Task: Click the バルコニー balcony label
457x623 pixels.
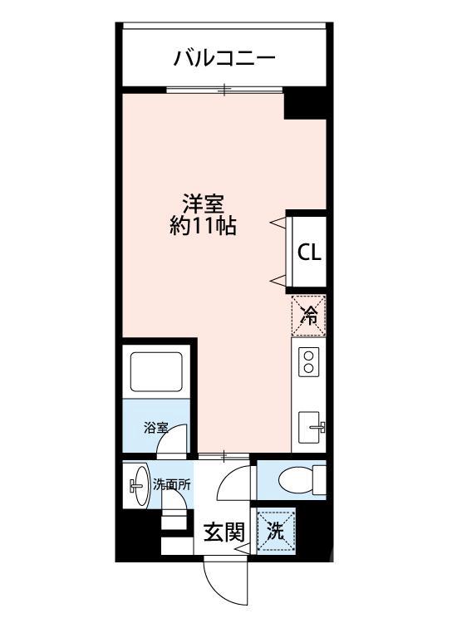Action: click(x=224, y=58)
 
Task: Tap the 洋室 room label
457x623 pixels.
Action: click(x=203, y=204)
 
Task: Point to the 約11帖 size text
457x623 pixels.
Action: click(x=203, y=226)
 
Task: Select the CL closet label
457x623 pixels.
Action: click(x=309, y=253)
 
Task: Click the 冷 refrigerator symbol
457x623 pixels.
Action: click(x=308, y=315)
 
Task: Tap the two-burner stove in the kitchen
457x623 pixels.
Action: click(x=308, y=362)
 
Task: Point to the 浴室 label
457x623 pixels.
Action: click(x=155, y=429)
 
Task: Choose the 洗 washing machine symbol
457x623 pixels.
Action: click(x=274, y=531)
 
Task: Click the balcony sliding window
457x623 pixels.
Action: click(x=224, y=89)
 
